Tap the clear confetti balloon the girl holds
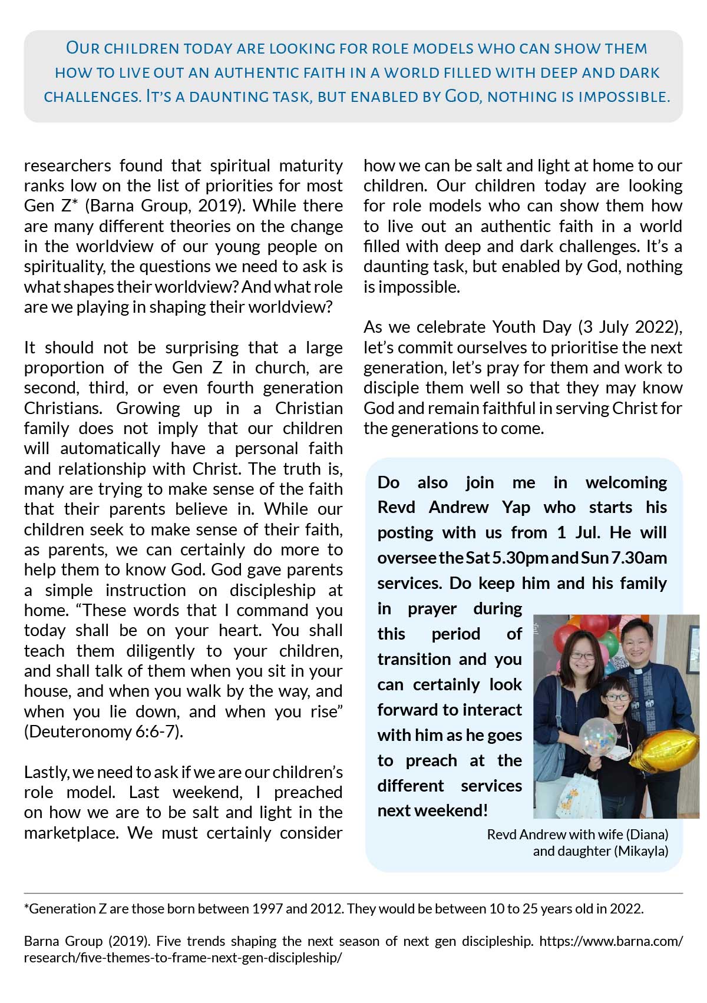click(x=596, y=737)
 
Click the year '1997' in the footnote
click(x=267, y=909)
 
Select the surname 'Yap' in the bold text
click(x=516, y=507)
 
